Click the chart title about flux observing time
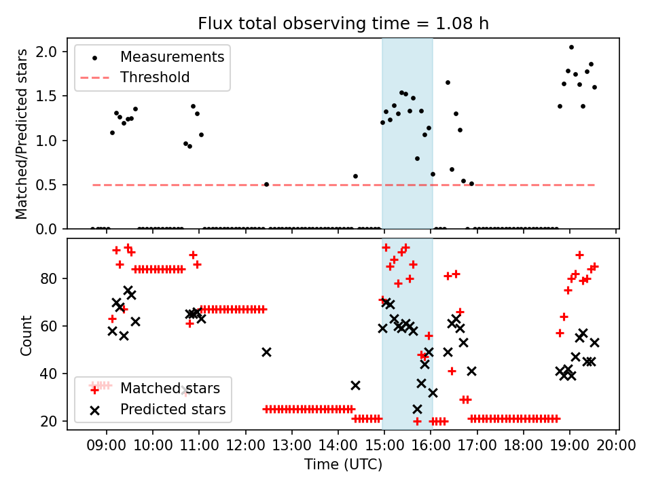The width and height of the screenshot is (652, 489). pos(343,24)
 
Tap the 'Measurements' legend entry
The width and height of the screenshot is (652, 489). pos(172,57)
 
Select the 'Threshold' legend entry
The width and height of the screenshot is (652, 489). pos(155,77)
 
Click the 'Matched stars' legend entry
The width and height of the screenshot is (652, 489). pos(170,389)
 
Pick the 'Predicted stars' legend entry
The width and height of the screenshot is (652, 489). pos(173,410)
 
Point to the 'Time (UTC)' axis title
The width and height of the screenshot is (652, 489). pos(343,465)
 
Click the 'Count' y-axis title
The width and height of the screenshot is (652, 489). pos(26,335)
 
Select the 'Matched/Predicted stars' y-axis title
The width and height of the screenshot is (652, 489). pos(22,134)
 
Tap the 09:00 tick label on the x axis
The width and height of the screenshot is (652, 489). pos(107,447)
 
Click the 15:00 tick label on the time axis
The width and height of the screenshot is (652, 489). pos(384,447)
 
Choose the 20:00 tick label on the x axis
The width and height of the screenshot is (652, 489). pos(616,447)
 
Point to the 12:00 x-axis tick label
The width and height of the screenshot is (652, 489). pos(245,447)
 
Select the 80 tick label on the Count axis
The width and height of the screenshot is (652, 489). pos(51,278)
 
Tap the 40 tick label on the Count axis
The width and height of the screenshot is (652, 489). pos(51,374)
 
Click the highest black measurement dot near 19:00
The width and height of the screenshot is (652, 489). pos(571,47)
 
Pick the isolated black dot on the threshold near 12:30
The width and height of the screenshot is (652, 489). pos(266,184)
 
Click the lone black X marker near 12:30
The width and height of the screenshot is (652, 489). pos(266,352)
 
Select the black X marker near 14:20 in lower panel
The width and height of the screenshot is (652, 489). pos(355,385)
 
